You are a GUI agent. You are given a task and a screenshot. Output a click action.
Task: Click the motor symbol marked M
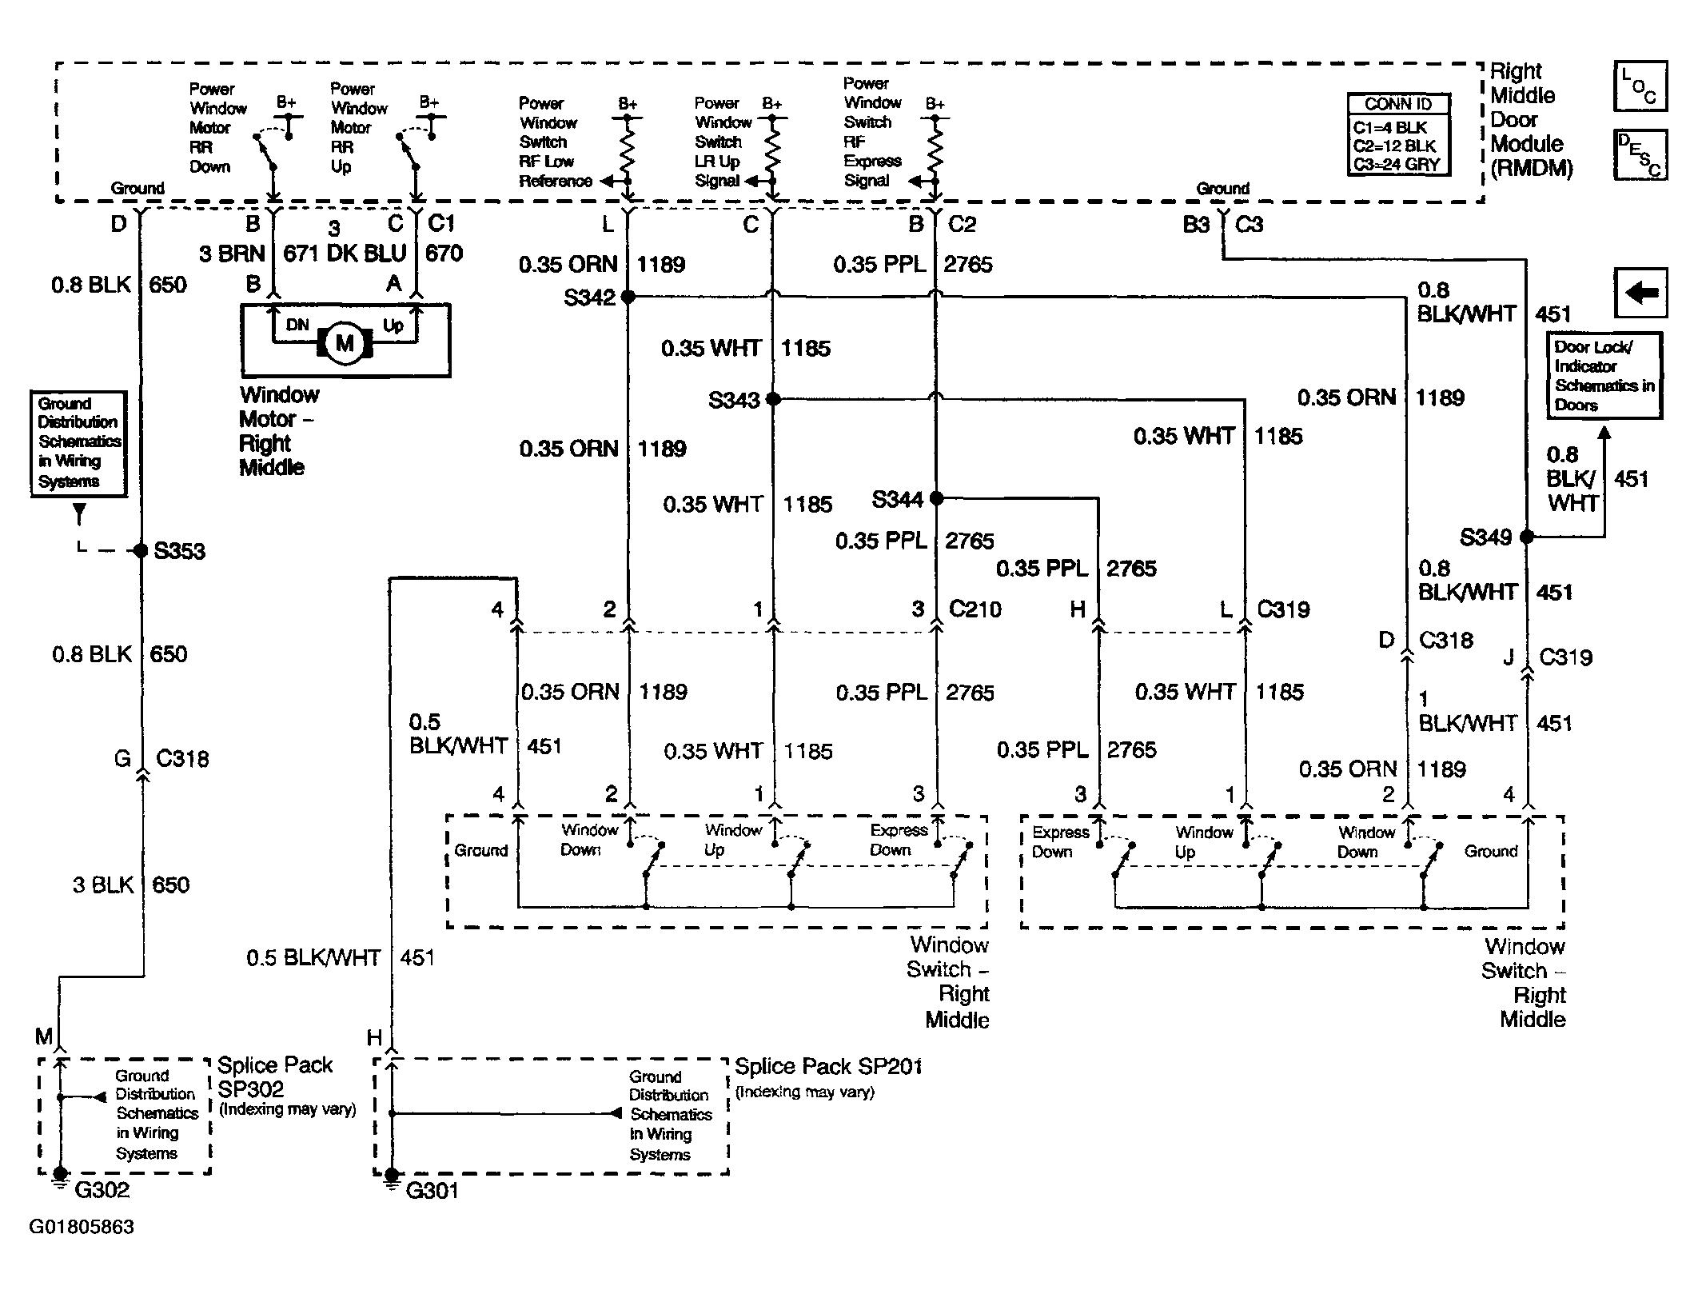pos(345,344)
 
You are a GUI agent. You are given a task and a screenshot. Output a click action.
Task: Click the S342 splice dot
pos(628,297)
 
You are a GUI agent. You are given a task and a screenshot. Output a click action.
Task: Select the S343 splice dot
pos(773,398)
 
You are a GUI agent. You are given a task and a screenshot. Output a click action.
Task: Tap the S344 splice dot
pos(936,498)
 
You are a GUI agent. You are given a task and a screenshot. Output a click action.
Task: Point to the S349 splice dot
pos(1526,537)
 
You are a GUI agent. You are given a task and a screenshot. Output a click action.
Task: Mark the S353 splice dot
pos(141,550)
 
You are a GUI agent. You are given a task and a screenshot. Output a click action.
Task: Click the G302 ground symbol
pos(60,1176)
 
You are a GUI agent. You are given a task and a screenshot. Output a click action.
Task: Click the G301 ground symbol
pos(391,1177)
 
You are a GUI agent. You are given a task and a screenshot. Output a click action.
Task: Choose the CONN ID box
pos(1398,134)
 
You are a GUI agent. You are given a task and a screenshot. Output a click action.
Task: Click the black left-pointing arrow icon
pos(1641,294)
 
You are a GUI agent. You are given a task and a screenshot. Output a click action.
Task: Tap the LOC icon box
pos(1641,86)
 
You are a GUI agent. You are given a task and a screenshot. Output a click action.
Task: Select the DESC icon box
pos(1641,155)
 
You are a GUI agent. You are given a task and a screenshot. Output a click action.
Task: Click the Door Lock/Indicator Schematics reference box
pos(1604,376)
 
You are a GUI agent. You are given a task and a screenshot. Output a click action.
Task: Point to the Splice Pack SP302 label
pos(275,1077)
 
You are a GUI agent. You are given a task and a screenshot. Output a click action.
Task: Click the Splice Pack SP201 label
pos(828,1066)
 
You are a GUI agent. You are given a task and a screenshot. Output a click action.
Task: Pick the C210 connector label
pos(975,609)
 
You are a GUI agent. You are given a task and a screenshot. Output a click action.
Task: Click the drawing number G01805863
pos(82,1227)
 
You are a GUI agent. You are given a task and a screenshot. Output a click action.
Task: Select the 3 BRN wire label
pos(232,254)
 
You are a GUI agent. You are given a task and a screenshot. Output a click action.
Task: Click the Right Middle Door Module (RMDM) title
pos(1531,120)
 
